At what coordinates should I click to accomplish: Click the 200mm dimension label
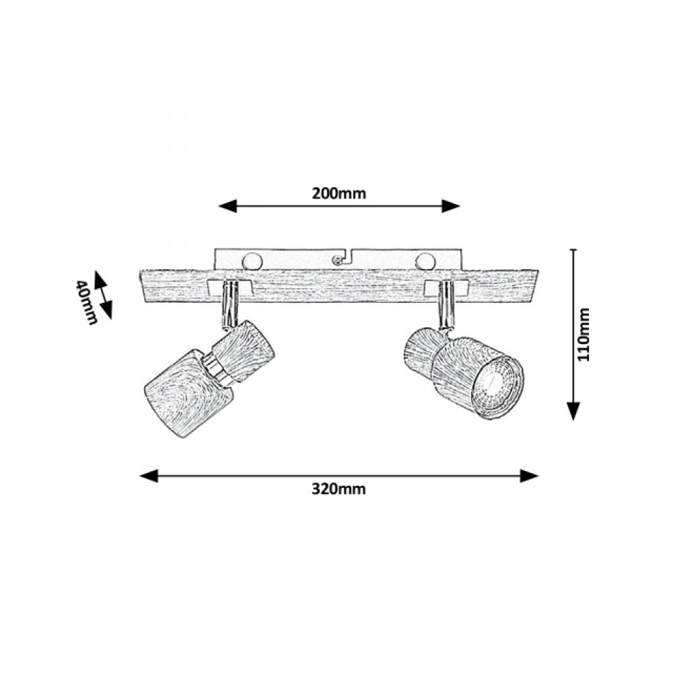click(339, 194)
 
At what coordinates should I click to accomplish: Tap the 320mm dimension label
click(339, 489)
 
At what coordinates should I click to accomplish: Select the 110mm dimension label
click(583, 334)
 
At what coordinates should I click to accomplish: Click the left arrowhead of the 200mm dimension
click(227, 206)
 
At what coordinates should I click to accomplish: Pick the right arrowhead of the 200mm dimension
click(451, 206)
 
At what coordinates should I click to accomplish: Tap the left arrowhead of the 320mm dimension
click(149, 476)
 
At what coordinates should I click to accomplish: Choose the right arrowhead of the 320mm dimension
click(529, 476)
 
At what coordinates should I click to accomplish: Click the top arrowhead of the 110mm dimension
click(573, 258)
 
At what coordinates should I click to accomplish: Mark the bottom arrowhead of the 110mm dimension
click(573, 411)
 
